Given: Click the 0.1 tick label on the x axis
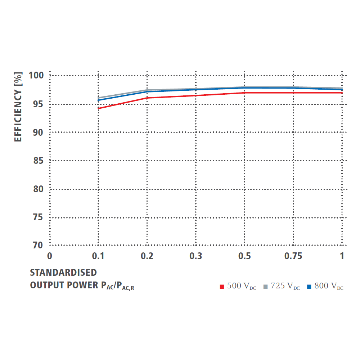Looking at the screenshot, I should click(98, 256).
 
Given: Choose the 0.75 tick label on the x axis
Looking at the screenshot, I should click(293, 256).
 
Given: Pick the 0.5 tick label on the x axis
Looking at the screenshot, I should click(244, 256).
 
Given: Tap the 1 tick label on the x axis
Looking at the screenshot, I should click(342, 256).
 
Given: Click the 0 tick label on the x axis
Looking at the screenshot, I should click(50, 256).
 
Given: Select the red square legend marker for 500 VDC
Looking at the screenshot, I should click(222, 287).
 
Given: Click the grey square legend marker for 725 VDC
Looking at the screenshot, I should click(266, 287).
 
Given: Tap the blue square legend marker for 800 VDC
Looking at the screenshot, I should click(309, 287).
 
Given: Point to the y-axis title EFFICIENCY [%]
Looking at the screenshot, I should click(18, 107).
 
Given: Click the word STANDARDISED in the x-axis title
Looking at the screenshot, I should click(63, 272).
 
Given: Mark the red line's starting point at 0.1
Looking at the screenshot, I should click(98, 108).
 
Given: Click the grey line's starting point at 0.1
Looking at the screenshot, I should click(98, 98).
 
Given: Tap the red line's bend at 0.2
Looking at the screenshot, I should click(147, 98).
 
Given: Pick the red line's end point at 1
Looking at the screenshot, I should click(342, 93).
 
